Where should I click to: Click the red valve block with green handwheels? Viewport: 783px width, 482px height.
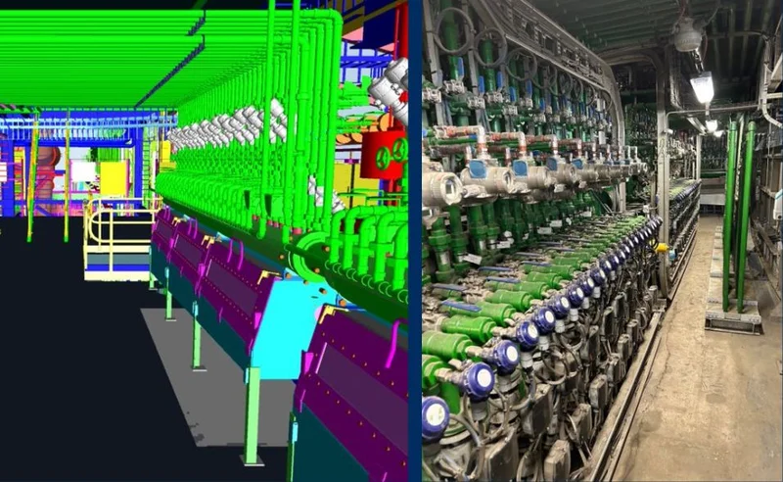click(383, 154)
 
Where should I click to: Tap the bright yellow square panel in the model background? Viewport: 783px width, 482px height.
click(114, 179)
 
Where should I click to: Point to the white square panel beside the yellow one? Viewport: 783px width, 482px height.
click(83, 173)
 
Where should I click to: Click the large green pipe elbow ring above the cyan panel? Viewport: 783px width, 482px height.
click(312, 252)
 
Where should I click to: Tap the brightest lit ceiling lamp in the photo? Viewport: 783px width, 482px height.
click(702, 87)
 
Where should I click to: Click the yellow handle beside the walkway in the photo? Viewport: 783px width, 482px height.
click(663, 248)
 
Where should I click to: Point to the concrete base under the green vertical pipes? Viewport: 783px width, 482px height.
click(733, 315)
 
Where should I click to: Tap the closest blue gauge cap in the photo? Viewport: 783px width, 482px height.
click(435, 416)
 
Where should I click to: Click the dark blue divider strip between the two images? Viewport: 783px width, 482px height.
click(415, 245)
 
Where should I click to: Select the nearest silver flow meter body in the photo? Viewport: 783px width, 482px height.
click(442, 186)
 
